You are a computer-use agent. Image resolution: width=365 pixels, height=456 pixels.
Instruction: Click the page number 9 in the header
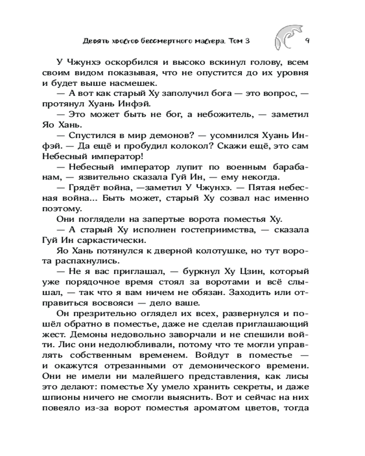[x=307, y=41]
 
